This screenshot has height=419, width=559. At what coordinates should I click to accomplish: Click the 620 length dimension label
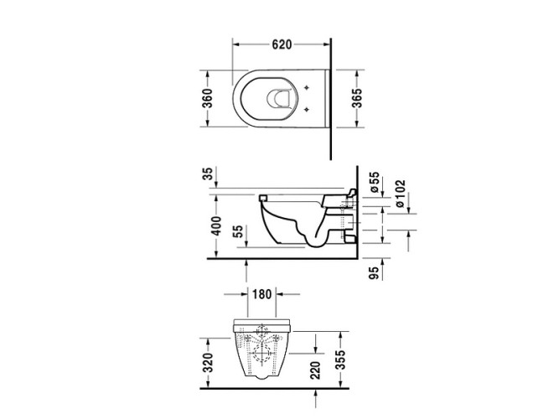tap(281, 44)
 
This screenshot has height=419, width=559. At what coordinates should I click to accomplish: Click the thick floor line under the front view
tap(277, 388)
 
